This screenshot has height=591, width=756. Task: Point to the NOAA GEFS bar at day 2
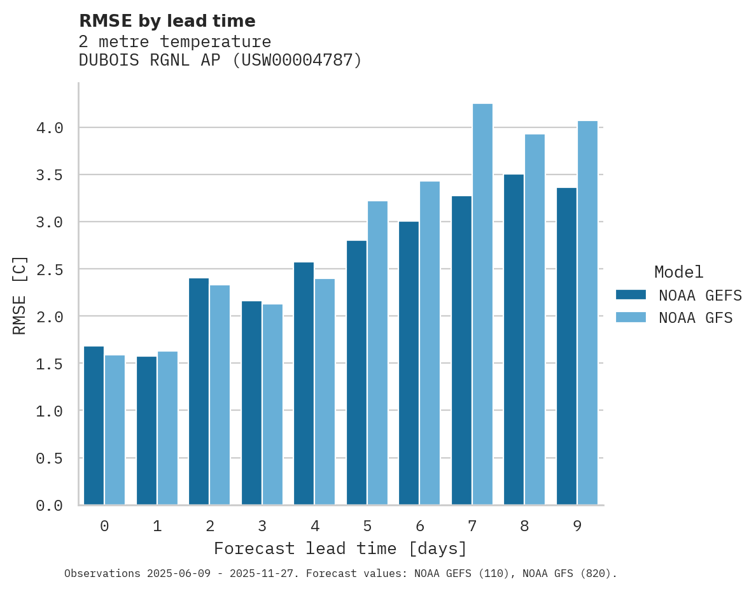pos(199,392)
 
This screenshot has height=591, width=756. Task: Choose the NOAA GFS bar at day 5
pos(377,353)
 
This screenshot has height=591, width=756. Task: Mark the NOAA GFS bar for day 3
pos(272,404)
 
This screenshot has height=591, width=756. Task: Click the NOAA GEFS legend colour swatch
pos(631,295)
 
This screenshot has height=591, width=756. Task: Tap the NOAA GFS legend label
pos(696,318)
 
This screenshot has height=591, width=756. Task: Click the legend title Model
pos(678,273)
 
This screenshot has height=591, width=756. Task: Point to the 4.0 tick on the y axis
pos(50,128)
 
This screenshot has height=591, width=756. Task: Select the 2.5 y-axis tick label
pos(50,269)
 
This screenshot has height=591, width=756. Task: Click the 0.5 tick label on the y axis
pos(50,458)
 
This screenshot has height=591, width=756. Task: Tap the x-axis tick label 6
pos(420,526)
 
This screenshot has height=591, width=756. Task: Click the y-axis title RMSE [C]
pos(20,295)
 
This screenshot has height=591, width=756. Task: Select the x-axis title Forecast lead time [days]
pos(340,548)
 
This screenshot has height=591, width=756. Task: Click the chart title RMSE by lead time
pos(167,21)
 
